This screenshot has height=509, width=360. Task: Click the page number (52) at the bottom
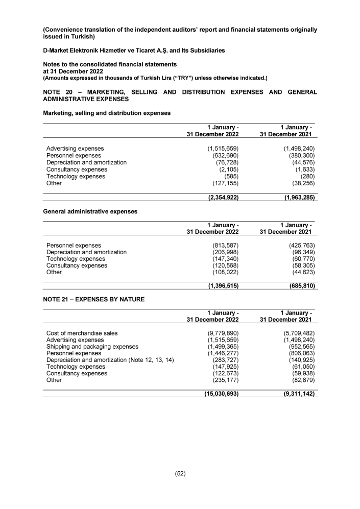pyautogui.click(x=180, y=473)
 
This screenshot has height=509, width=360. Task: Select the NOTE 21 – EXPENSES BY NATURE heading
pyautogui.click(x=93, y=299)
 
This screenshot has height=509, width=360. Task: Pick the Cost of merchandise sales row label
pyautogui.click(x=82, y=333)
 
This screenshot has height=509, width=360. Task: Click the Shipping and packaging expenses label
pyautogui.click(x=92, y=346)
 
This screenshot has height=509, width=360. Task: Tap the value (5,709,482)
pyautogui.click(x=298, y=333)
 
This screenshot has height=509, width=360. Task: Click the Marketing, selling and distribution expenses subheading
pyautogui.click(x=106, y=113)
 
